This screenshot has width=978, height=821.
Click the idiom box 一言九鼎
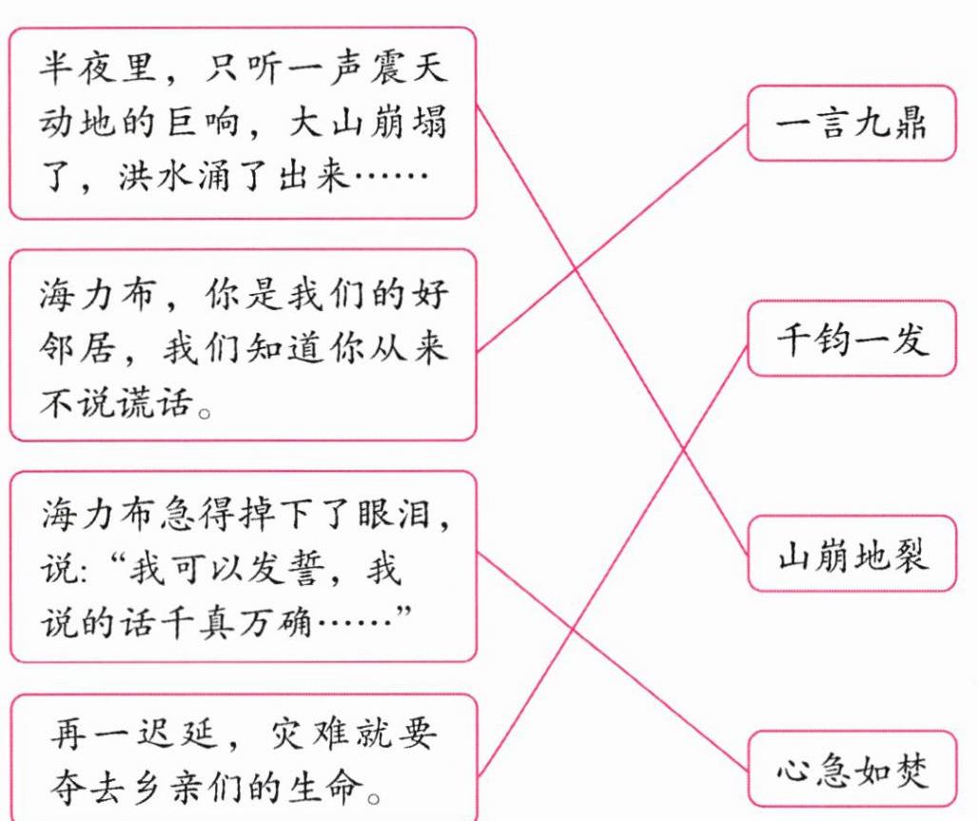tap(851, 124)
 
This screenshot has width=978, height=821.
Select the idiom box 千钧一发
tap(851, 339)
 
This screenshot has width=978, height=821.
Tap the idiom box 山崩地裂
tap(851, 555)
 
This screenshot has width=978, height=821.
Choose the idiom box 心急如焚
tap(851, 769)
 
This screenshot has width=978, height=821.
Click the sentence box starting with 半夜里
tap(243, 124)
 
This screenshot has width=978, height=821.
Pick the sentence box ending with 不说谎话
tap(243, 345)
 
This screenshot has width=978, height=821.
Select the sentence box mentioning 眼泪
tap(243, 567)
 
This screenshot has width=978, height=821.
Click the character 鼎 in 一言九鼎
tap(910, 125)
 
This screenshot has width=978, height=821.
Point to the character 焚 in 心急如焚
tap(910, 770)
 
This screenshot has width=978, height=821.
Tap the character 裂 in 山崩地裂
tap(910, 556)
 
